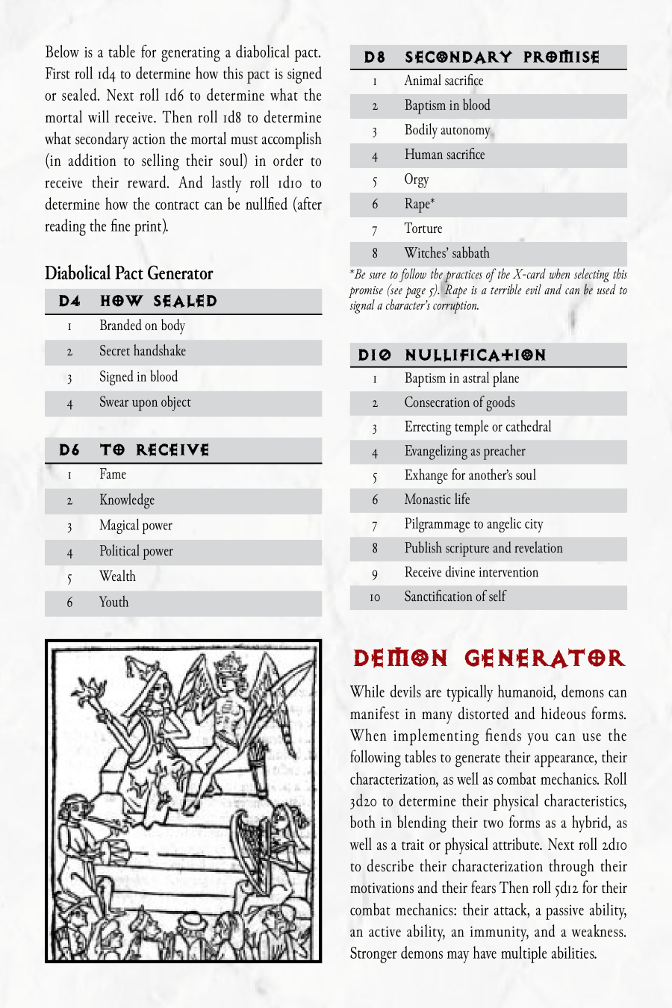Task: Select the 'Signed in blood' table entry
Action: (138, 377)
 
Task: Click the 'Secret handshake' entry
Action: (143, 351)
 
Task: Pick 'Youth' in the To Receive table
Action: (113, 603)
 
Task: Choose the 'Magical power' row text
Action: (135, 526)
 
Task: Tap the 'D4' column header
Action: (69, 301)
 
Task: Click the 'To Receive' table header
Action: (155, 449)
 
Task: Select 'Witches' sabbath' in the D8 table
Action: (447, 253)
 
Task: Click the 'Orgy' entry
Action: (417, 179)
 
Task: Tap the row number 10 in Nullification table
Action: (375, 597)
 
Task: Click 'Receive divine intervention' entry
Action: (471, 573)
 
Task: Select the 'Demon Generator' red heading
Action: (489, 659)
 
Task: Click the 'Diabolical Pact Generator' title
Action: (128, 273)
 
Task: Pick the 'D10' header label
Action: (374, 355)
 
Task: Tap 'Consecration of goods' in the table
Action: (459, 402)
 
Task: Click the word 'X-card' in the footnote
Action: (529, 275)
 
